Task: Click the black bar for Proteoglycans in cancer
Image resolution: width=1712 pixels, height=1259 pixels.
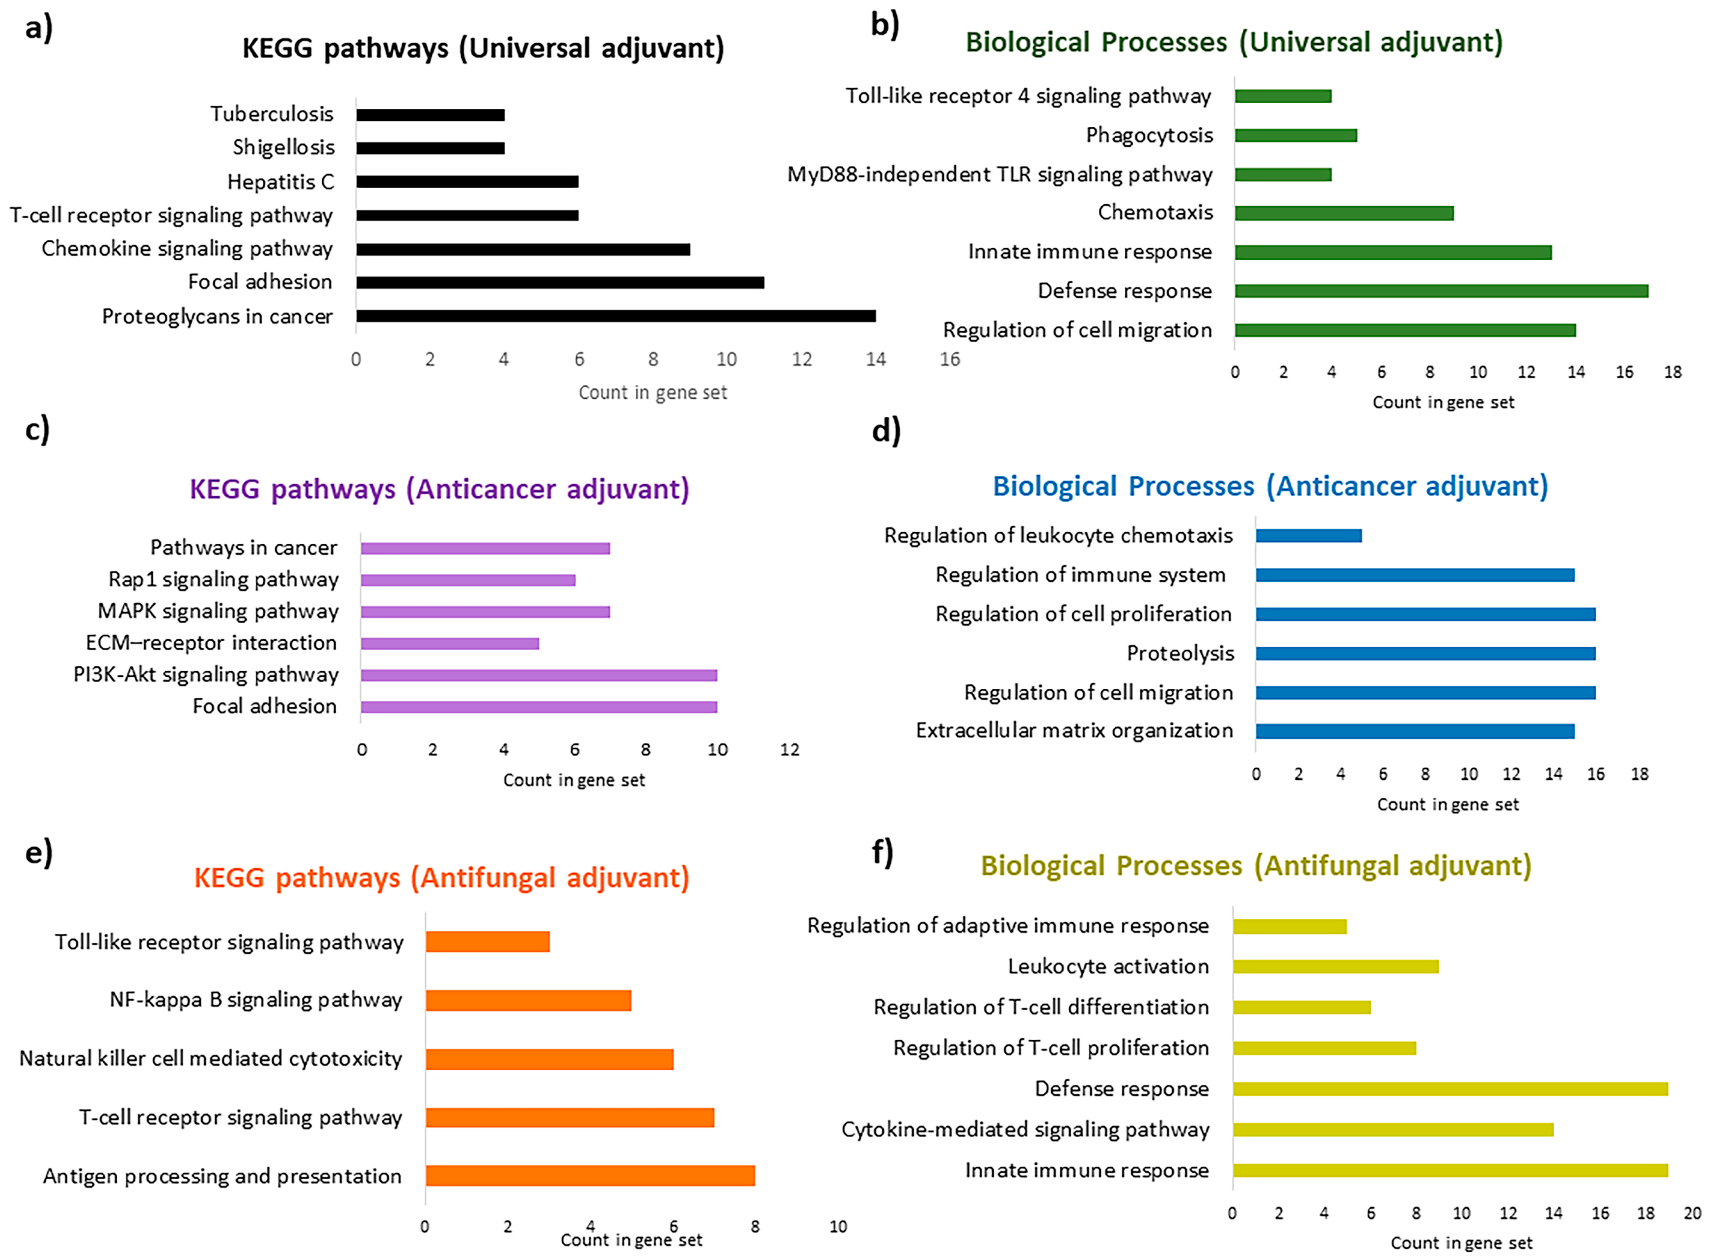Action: pyautogui.click(x=616, y=316)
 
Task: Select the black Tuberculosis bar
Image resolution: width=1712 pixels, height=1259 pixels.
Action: pyautogui.click(x=430, y=115)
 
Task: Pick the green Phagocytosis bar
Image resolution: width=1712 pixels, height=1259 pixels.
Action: pyautogui.click(x=1296, y=135)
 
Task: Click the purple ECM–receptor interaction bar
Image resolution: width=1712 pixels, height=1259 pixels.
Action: pyautogui.click(x=450, y=644)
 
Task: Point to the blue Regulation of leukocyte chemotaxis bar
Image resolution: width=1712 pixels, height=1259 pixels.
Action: pyautogui.click(x=1309, y=536)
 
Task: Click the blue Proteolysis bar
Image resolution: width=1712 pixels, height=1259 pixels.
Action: pyautogui.click(x=1425, y=654)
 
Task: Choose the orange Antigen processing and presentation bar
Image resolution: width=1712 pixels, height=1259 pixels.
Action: pyautogui.click(x=590, y=1176)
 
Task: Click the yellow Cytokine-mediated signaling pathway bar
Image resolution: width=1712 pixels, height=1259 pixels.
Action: pyautogui.click(x=1393, y=1130)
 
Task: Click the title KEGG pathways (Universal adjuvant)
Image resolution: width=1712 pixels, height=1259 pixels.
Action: pyautogui.click(x=483, y=49)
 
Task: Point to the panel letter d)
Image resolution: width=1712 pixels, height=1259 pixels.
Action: pyautogui.click(x=886, y=431)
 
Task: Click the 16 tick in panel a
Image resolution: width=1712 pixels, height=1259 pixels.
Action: pyautogui.click(x=949, y=360)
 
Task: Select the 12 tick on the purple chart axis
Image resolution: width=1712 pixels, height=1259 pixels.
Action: pyautogui.click(x=789, y=750)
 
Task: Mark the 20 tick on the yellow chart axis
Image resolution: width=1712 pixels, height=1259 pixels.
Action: pyautogui.click(x=1692, y=1213)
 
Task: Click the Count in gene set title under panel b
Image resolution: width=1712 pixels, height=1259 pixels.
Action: pyautogui.click(x=1443, y=402)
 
